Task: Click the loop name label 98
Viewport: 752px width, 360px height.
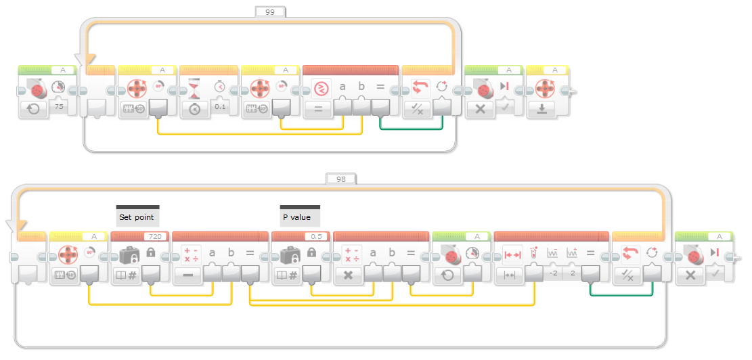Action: coord(340,179)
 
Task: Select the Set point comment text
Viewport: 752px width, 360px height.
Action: coord(137,218)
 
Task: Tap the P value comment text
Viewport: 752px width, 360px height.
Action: coord(296,218)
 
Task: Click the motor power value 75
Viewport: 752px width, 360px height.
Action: coord(58,107)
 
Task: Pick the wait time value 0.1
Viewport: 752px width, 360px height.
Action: coord(220,107)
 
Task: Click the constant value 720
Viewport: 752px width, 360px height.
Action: coord(154,237)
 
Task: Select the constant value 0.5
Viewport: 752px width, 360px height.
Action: coord(315,237)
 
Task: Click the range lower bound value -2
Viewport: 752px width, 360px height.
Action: coord(553,273)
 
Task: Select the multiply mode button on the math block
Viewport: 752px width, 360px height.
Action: coord(348,275)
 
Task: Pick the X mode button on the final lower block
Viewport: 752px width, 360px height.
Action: coord(690,275)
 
